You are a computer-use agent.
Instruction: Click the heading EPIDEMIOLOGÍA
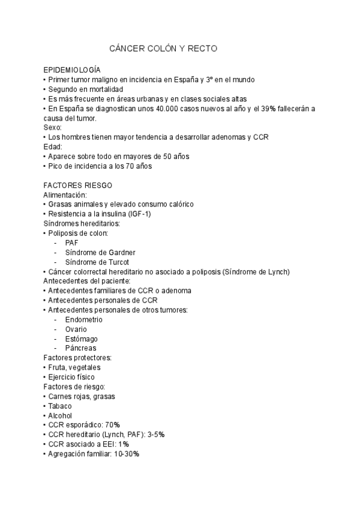click(72, 70)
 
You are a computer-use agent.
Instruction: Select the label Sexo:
click(53, 127)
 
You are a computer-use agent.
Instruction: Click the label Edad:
click(53, 146)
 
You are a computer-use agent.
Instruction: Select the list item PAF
click(72, 242)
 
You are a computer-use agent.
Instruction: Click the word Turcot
click(116, 262)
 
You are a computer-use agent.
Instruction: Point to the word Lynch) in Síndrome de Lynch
click(277, 271)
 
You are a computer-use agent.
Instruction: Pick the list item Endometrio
click(83, 319)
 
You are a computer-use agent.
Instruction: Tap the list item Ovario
click(76, 329)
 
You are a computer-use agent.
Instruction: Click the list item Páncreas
click(80, 348)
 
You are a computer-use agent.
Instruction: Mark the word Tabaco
click(60, 406)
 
